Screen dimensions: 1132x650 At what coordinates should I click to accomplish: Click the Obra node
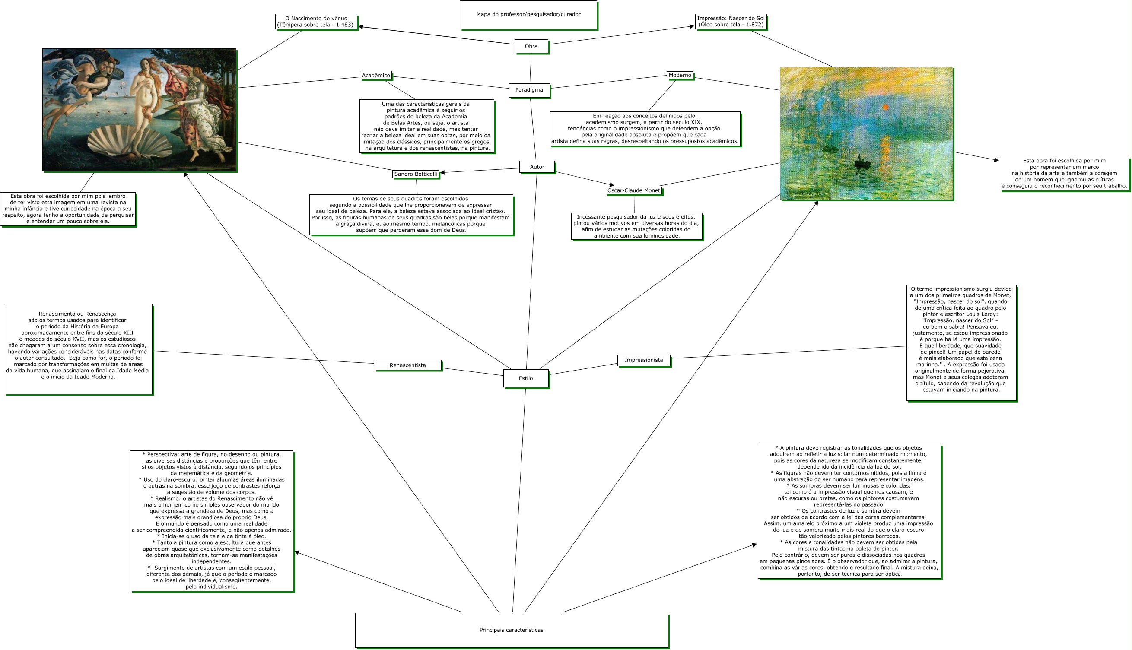pyautogui.click(x=531, y=46)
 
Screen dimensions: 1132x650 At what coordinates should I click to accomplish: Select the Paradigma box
pyautogui.click(x=529, y=90)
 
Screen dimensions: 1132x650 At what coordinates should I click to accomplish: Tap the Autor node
pyautogui.click(x=537, y=167)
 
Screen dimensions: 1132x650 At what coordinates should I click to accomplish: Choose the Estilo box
pyautogui.click(x=525, y=378)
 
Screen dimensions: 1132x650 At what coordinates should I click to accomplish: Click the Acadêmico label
pyautogui.click(x=375, y=76)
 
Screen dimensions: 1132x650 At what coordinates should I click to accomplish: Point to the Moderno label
pyautogui.click(x=680, y=75)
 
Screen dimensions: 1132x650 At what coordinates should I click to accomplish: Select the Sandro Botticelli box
pyautogui.click(x=415, y=174)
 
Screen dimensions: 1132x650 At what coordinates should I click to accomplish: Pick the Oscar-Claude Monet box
pyautogui.click(x=633, y=190)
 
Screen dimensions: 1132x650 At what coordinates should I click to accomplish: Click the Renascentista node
pyautogui.click(x=408, y=365)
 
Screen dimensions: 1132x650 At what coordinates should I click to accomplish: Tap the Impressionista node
pyautogui.click(x=643, y=360)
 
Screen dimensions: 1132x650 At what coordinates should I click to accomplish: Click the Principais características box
pyautogui.click(x=511, y=630)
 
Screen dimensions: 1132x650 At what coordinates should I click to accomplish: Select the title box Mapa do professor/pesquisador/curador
pyautogui.click(x=528, y=15)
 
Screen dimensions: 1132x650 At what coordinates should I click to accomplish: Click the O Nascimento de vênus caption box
pyautogui.click(x=316, y=22)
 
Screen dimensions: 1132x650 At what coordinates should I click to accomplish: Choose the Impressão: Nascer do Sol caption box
pyautogui.click(x=731, y=22)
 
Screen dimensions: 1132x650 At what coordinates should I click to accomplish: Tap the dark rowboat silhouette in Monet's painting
pyautogui.click(x=862, y=163)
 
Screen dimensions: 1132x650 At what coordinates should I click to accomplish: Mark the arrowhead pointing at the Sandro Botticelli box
pyautogui.click(x=442, y=173)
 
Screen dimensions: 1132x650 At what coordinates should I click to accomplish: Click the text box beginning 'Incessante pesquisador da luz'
pyautogui.click(x=636, y=226)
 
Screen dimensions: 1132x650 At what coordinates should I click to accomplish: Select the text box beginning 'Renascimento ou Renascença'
pyautogui.click(x=78, y=349)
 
